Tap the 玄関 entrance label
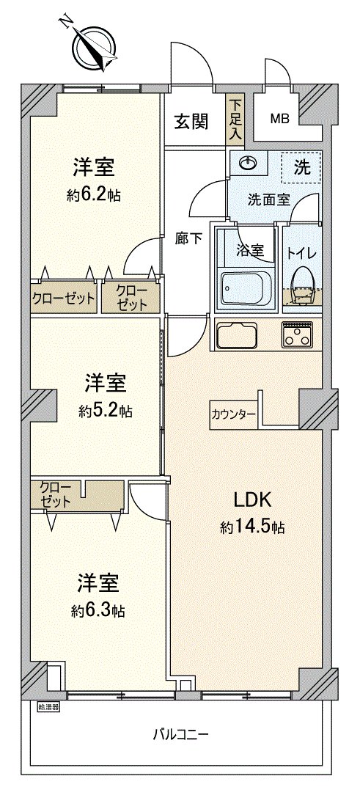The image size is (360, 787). [191, 122]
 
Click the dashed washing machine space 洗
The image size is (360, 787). [301, 168]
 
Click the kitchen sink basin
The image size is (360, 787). [238, 336]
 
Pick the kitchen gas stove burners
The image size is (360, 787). [298, 334]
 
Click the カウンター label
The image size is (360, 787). [232, 414]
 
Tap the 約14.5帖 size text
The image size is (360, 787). [251, 527]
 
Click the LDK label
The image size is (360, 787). [253, 501]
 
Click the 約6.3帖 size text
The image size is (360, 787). [98, 610]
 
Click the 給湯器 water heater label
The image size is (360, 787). [48, 708]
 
